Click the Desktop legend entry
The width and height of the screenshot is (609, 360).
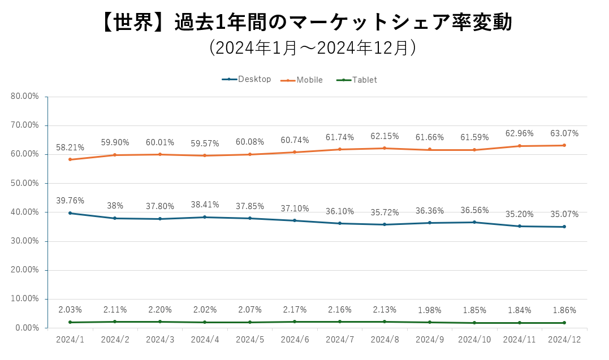tap(247, 79)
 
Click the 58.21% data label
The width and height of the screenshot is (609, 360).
tap(70, 148)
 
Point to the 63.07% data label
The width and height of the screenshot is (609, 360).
tap(564, 133)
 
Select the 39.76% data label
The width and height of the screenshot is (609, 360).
tap(70, 201)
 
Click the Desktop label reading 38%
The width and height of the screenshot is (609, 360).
tap(115, 206)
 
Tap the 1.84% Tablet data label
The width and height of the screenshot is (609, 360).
tap(519, 310)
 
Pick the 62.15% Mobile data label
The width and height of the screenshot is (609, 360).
tap(385, 136)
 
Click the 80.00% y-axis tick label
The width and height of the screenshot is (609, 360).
tap(25, 96)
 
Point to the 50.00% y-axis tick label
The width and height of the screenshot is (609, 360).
tap(25, 183)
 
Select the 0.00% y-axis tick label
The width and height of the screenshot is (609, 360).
tap(27, 328)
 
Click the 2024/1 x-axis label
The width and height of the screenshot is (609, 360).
tap(70, 339)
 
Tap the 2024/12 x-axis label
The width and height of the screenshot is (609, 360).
tap(564, 339)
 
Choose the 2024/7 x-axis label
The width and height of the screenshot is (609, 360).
tap(340, 339)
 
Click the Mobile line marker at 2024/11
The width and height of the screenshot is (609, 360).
tap(520, 146)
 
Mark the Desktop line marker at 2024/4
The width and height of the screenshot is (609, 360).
tap(205, 217)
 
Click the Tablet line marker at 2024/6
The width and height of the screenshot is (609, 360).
tap(295, 322)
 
